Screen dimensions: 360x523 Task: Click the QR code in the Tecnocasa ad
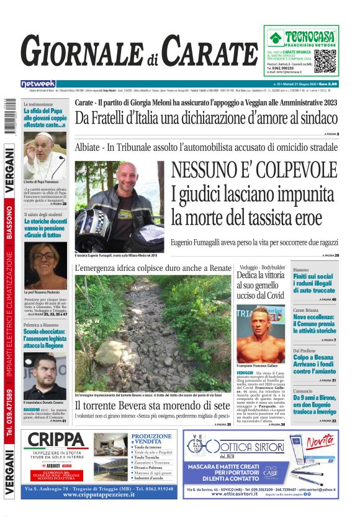click(x=326, y=61)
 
